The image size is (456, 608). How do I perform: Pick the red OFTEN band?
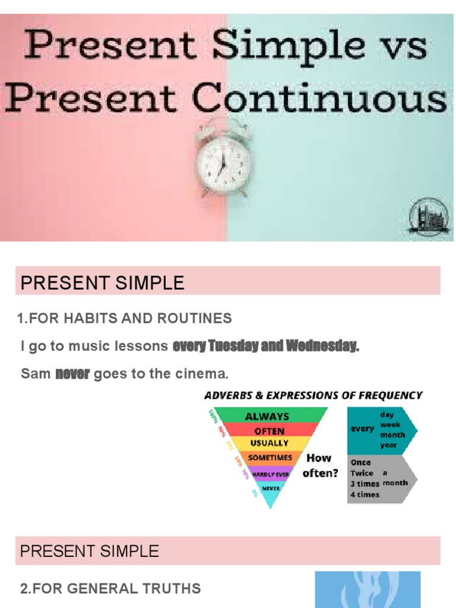pos(269,430)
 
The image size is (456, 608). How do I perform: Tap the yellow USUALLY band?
pos(270,443)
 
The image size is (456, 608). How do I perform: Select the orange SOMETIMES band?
pos(270,457)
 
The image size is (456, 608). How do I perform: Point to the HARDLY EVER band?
pos(270,474)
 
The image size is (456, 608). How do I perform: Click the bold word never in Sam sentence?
pos(72,374)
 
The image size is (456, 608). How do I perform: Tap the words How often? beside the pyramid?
pos(320,465)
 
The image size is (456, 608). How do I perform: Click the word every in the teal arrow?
pos(362,429)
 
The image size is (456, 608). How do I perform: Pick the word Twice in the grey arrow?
pos(362,473)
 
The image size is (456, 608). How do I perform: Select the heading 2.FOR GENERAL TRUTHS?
pos(110,589)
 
